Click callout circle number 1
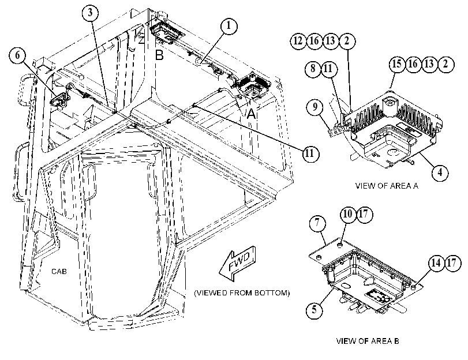click(229, 26)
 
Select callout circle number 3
click(91, 13)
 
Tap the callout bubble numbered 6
click(18, 55)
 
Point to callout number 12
click(298, 40)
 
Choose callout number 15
click(397, 64)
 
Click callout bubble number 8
click(313, 69)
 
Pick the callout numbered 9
click(315, 107)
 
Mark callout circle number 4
click(440, 172)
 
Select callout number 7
click(317, 223)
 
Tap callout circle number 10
click(349, 214)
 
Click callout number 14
click(436, 263)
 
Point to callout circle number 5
click(315, 310)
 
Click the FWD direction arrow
click(238, 263)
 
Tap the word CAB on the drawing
click(59, 271)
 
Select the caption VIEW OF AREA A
click(387, 186)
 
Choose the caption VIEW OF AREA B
click(368, 341)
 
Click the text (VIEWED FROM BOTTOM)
click(242, 293)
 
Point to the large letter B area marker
click(159, 55)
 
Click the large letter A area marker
click(251, 114)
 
